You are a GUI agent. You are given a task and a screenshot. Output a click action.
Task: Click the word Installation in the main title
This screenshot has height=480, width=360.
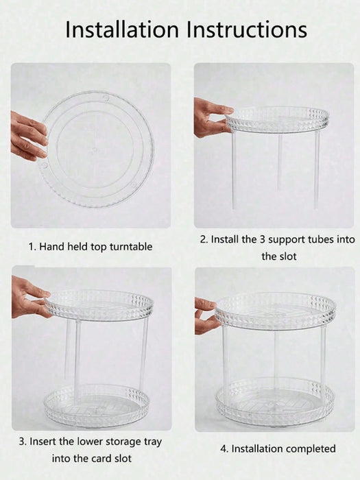pyautogui.click(x=122, y=29)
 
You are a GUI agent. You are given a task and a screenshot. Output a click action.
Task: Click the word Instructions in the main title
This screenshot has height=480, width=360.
pyautogui.click(x=247, y=29)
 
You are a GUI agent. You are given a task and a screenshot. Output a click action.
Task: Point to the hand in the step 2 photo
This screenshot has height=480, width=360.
pyautogui.click(x=212, y=118)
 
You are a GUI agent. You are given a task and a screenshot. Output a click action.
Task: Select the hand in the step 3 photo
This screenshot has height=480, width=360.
pyautogui.click(x=29, y=298)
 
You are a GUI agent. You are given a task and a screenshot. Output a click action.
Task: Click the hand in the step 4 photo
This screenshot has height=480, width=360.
pyautogui.click(x=206, y=316)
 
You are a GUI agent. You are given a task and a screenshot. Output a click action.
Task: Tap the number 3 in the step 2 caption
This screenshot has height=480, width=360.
pyautogui.click(x=263, y=239)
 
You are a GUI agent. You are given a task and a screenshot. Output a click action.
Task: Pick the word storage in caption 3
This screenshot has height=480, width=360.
pyautogui.click(x=119, y=442)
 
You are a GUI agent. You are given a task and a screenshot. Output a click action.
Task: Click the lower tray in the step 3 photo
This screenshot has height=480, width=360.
pyautogui.click(x=97, y=405)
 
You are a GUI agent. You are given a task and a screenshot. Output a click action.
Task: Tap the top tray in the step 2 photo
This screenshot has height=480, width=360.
pyautogui.click(x=277, y=120)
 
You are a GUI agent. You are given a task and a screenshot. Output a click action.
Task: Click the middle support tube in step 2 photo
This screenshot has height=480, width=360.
pyautogui.click(x=280, y=162)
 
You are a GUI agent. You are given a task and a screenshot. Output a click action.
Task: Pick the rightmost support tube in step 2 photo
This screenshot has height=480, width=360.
pyautogui.click(x=317, y=170)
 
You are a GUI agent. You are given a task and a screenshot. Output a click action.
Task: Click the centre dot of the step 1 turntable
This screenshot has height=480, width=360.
pyautogui.click(x=95, y=149)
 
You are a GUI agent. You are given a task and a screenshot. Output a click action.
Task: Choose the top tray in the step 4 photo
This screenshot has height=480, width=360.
pyautogui.click(x=276, y=311)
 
